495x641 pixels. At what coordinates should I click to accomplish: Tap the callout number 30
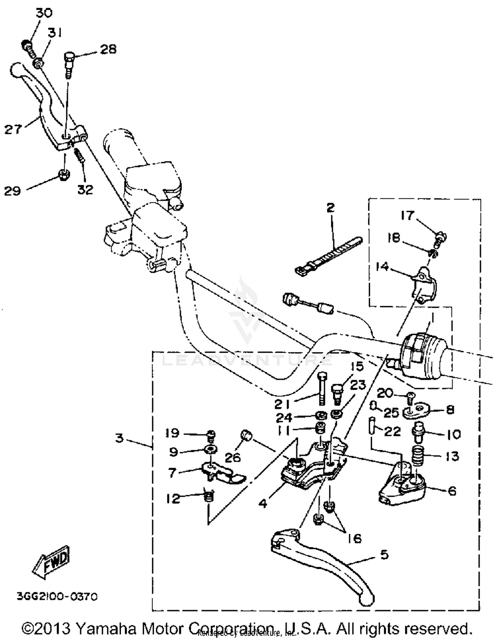44,13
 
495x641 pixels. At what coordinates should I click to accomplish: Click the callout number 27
13,129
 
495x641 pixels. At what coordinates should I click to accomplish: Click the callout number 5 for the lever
384,554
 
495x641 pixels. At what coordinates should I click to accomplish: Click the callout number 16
354,538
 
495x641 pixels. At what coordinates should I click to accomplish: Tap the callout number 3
119,438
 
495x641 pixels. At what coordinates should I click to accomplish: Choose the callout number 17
407,215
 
